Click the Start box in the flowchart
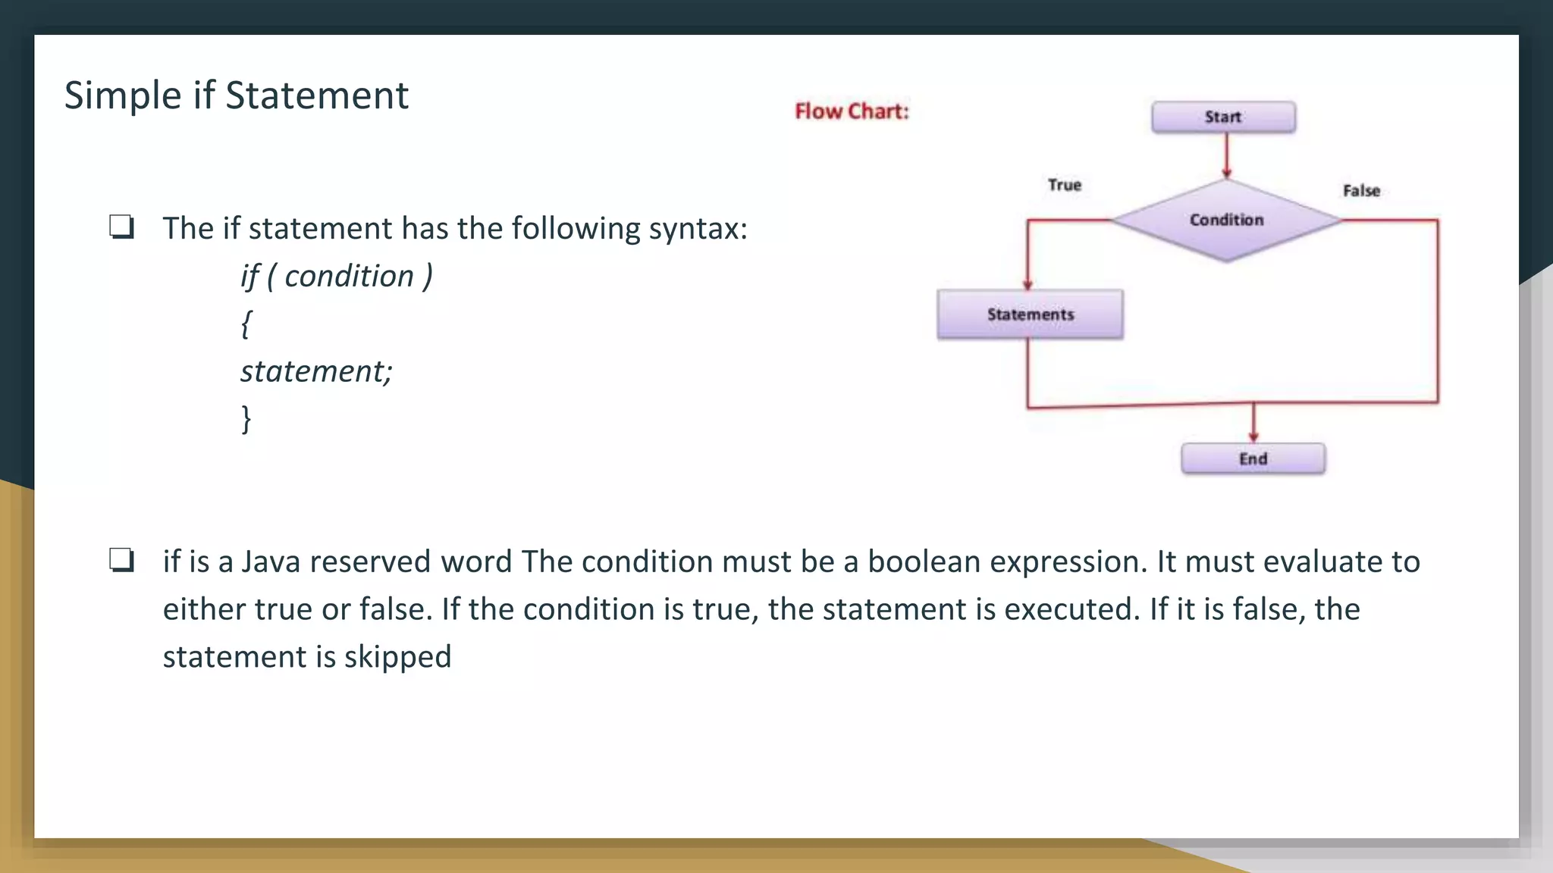click(1223, 117)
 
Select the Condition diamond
click(1226, 220)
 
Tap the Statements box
click(1030, 314)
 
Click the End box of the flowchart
click(1253, 458)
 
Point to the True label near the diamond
click(1064, 185)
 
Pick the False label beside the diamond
click(1361, 190)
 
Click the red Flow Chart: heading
click(851, 111)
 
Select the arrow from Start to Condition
click(1226, 156)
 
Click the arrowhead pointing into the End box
click(1253, 436)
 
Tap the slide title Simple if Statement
click(236, 95)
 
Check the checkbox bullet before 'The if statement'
click(121, 227)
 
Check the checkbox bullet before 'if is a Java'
click(121, 560)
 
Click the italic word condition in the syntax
click(349, 276)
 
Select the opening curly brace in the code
click(246, 324)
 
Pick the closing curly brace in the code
click(246, 418)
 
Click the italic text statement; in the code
click(316, 371)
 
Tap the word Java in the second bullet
click(271, 562)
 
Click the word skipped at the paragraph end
click(397, 657)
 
